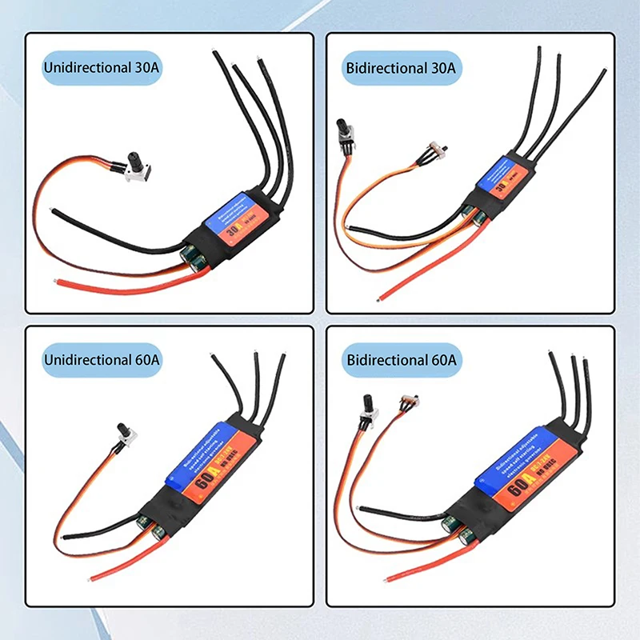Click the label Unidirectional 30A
click(102, 68)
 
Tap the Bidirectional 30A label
click(401, 68)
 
